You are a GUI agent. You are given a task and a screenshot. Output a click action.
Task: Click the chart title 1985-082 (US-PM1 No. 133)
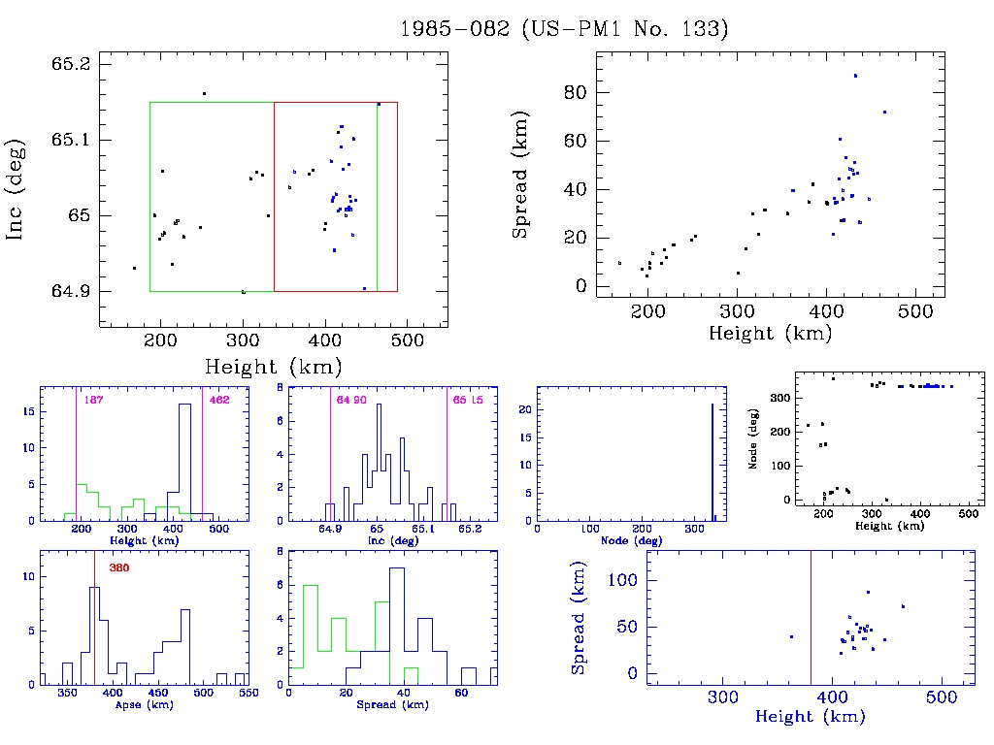point(564,29)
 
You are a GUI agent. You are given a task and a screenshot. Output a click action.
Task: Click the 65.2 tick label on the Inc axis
point(70,64)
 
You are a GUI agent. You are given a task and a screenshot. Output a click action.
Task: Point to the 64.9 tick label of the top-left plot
point(70,291)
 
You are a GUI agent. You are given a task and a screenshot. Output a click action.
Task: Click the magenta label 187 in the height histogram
point(94,401)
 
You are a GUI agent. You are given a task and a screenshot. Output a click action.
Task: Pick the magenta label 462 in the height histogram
point(218,401)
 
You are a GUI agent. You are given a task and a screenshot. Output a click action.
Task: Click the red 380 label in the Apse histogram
point(118,567)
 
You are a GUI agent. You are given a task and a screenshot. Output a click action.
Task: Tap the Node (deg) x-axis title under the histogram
point(625,540)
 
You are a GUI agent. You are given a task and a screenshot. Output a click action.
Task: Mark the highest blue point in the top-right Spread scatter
point(855,76)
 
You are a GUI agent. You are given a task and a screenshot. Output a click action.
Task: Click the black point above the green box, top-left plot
point(204,93)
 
